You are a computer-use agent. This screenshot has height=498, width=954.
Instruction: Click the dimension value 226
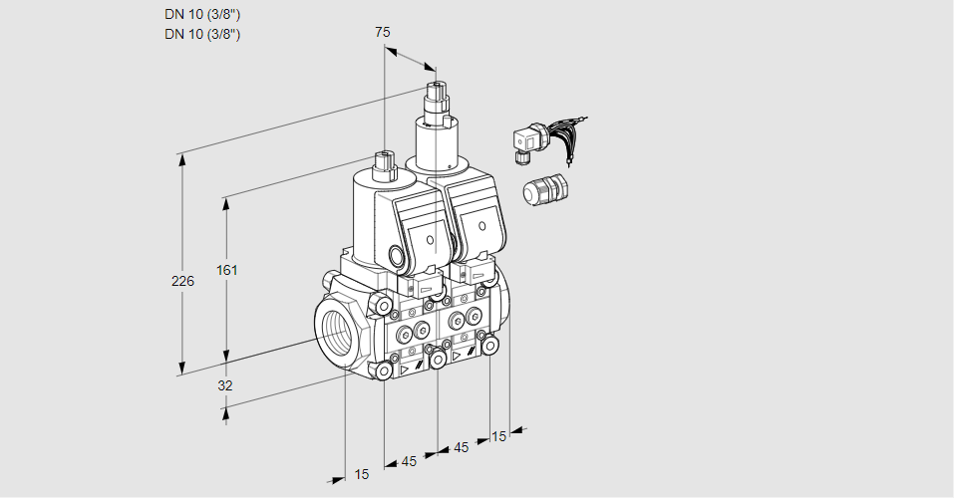(x=182, y=282)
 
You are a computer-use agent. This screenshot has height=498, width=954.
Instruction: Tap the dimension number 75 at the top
(x=383, y=32)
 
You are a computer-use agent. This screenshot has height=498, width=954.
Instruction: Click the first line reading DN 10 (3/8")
(x=202, y=14)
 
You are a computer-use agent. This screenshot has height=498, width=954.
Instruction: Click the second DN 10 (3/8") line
(x=202, y=34)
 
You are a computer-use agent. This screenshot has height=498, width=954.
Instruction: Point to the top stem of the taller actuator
(x=435, y=97)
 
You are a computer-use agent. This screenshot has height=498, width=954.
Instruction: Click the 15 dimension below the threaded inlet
(x=361, y=474)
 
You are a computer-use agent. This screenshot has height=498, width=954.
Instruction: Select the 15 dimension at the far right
(x=498, y=435)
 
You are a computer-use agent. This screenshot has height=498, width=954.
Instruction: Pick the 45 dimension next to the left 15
(x=409, y=461)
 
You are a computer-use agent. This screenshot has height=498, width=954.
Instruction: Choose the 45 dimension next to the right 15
(x=461, y=447)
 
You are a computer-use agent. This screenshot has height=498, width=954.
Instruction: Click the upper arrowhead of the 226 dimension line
(x=181, y=159)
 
